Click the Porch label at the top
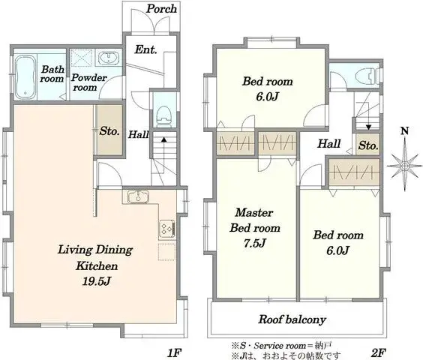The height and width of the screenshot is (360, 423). coord(161,9)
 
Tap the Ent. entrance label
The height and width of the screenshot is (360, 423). coord(145,50)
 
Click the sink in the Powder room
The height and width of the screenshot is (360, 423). coord(109,58)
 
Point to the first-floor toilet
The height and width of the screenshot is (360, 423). coord(163,115)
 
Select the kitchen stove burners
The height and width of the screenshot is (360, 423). coord(166,226)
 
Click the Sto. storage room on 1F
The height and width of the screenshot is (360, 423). coord(109,130)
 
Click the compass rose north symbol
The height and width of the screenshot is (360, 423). coord(405,159)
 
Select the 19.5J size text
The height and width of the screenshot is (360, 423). coord(97,281)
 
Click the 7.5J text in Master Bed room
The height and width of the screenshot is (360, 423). coord(255,242)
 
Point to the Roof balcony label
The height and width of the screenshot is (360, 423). coord(292,319)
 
